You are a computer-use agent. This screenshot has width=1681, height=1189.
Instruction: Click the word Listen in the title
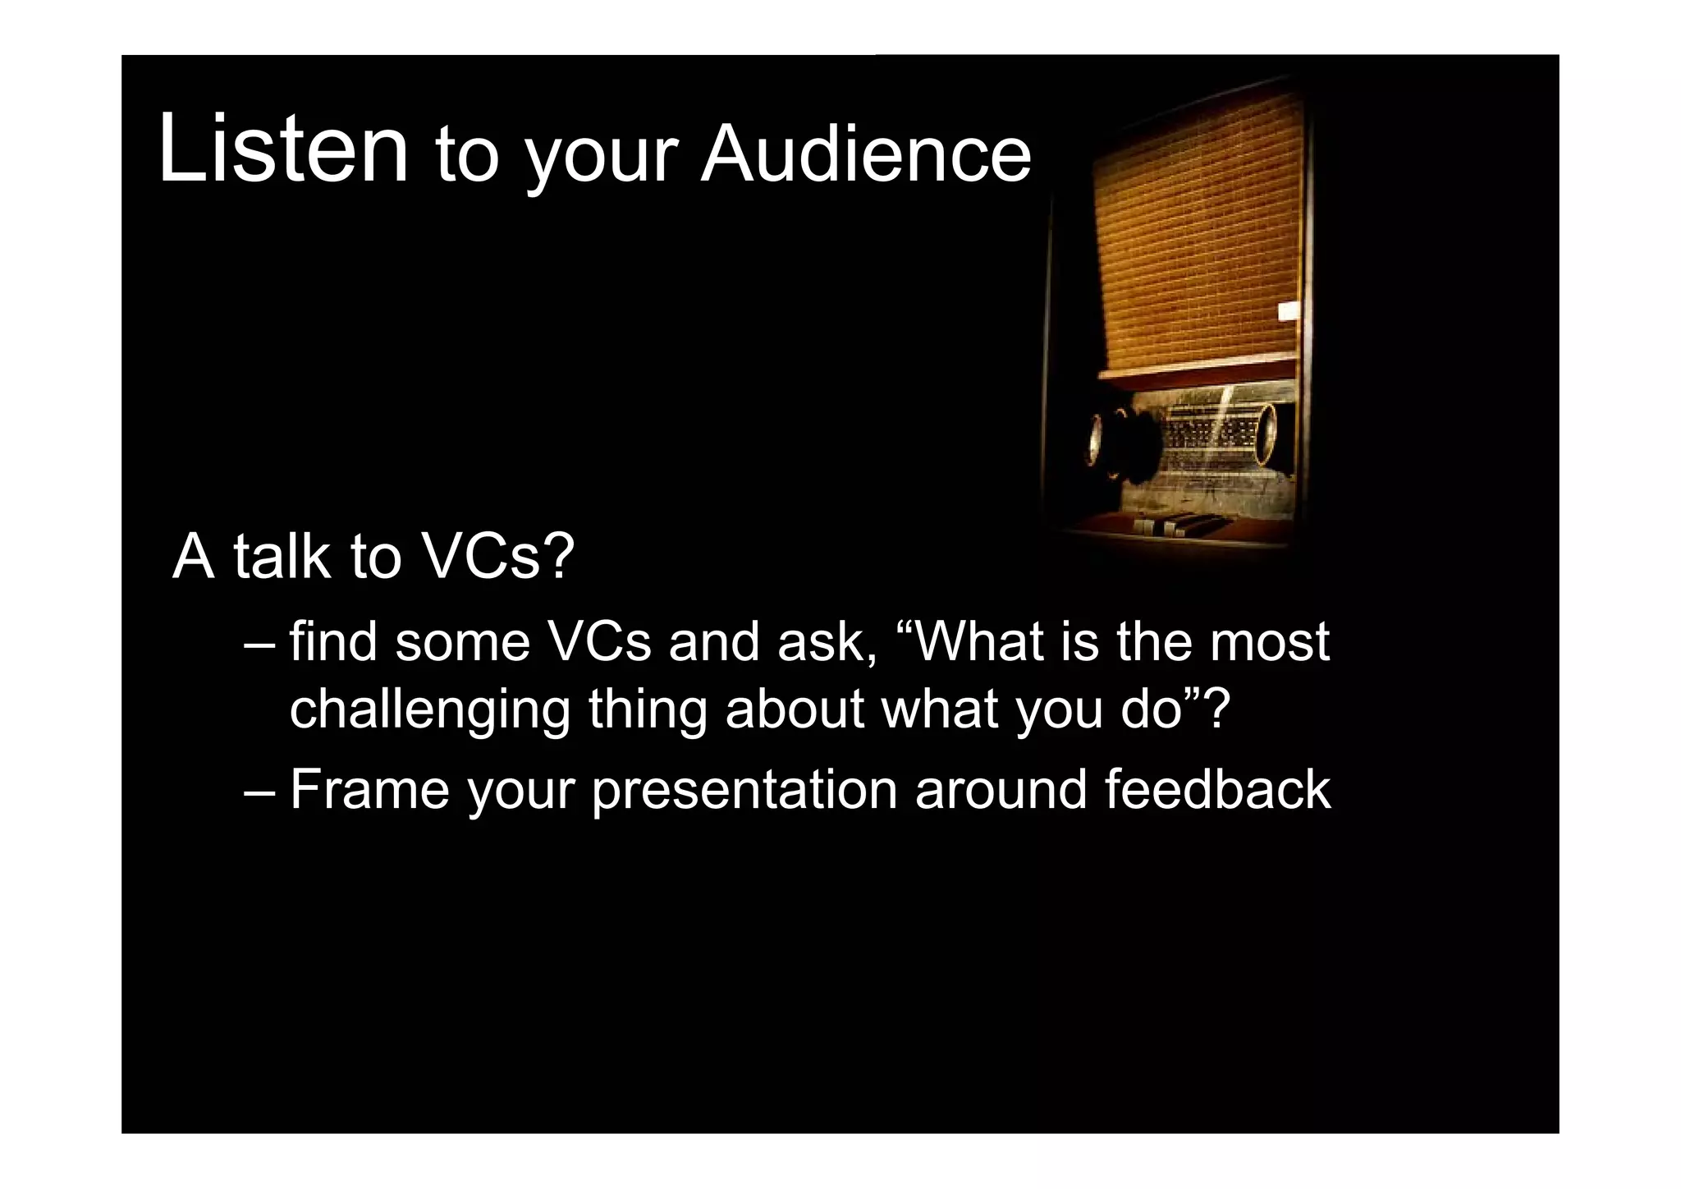[282, 149]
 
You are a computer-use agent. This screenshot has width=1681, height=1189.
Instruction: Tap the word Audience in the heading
[865, 156]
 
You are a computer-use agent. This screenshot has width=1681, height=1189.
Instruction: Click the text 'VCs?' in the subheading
[497, 557]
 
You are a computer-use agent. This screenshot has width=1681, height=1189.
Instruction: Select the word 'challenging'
[430, 711]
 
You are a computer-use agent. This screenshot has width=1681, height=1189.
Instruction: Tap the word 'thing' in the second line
[648, 711]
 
